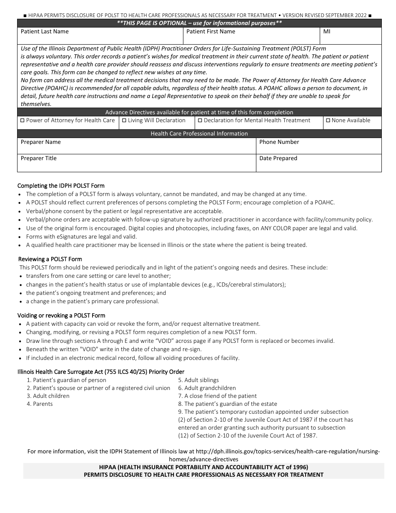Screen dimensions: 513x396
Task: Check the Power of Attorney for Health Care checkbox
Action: point(23,121)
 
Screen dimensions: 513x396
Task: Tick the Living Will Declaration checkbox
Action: point(124,121)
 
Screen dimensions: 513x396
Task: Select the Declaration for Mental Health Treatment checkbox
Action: point(200,121)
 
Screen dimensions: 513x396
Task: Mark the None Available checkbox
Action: point(328,121)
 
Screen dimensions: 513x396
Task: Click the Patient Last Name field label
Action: point(45,32)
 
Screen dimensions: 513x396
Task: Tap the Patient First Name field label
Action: point(211,32)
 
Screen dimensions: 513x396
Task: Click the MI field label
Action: point(326,32)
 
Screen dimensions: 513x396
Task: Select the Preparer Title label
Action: point(39,158)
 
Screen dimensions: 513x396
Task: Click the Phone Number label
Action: point(279,142)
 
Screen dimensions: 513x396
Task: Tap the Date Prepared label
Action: point(278,158)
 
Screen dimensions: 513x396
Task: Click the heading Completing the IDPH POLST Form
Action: point(61,186)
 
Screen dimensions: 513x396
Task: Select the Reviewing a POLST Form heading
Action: point(50,259)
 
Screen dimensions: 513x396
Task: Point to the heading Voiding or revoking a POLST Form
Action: point(61,316)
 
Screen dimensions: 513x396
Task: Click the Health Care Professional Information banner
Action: point(199,134)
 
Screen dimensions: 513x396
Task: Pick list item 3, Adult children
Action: point(48,396)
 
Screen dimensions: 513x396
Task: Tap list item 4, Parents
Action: point(40,404)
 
